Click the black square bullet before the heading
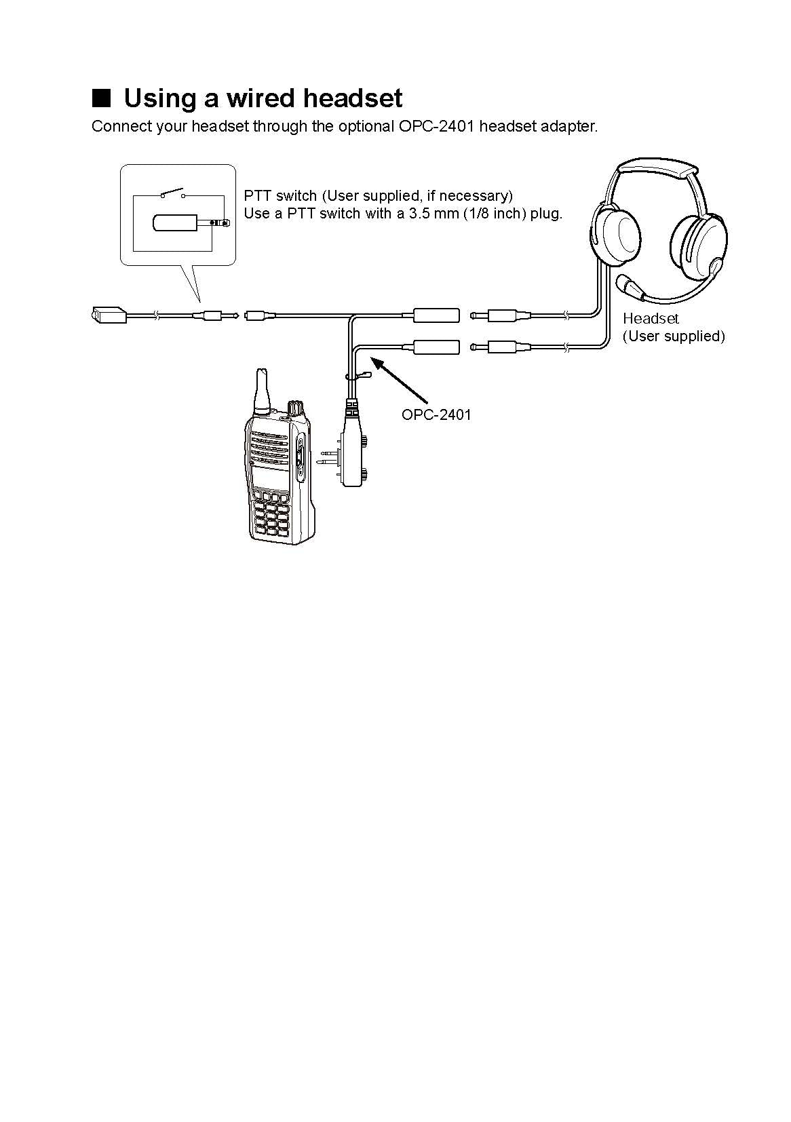101,98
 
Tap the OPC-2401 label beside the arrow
436,414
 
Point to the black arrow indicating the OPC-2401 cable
402,383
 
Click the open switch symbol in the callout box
174,193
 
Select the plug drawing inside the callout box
190,223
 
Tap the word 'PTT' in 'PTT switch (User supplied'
258,196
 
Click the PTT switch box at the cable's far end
108,314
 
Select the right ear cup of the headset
699,247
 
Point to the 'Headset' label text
651,318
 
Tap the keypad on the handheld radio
270,519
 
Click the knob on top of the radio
295,408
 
